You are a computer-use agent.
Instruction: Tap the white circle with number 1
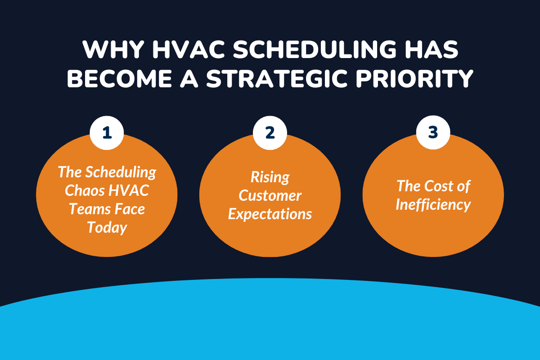coord(107,133)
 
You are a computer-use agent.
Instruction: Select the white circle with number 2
coord(270,133)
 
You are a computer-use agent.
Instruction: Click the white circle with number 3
coord(433,133)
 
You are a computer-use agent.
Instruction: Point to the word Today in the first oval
coord(107,227)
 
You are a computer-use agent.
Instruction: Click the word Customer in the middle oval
coord(270,195)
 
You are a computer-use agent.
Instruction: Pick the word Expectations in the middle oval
coord(270,214)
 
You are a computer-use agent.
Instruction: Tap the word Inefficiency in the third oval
coord(433,205)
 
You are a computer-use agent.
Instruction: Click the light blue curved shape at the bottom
coord(270,324)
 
